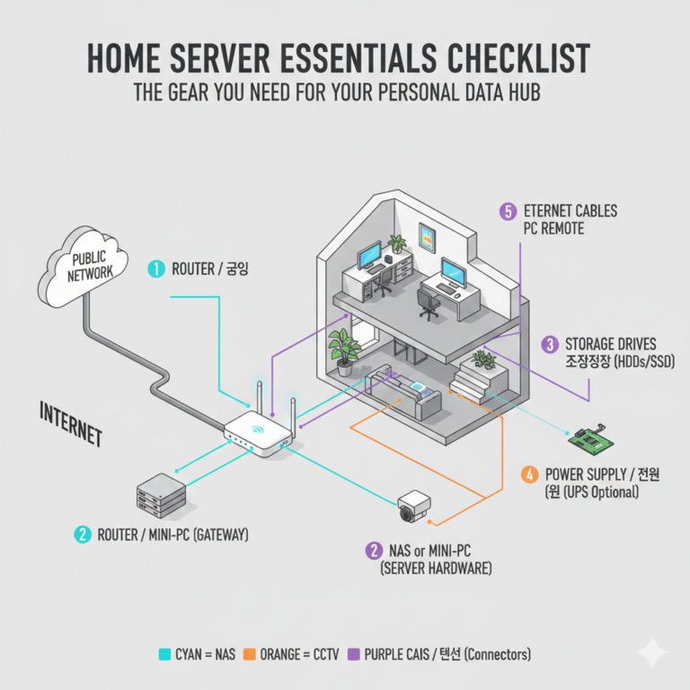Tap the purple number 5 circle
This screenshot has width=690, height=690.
(509, 212)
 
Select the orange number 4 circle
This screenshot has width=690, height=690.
(530, 474)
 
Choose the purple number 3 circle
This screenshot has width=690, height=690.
(550, 344)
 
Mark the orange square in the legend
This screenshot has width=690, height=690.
(251, 654)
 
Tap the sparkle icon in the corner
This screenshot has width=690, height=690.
(650, 650)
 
